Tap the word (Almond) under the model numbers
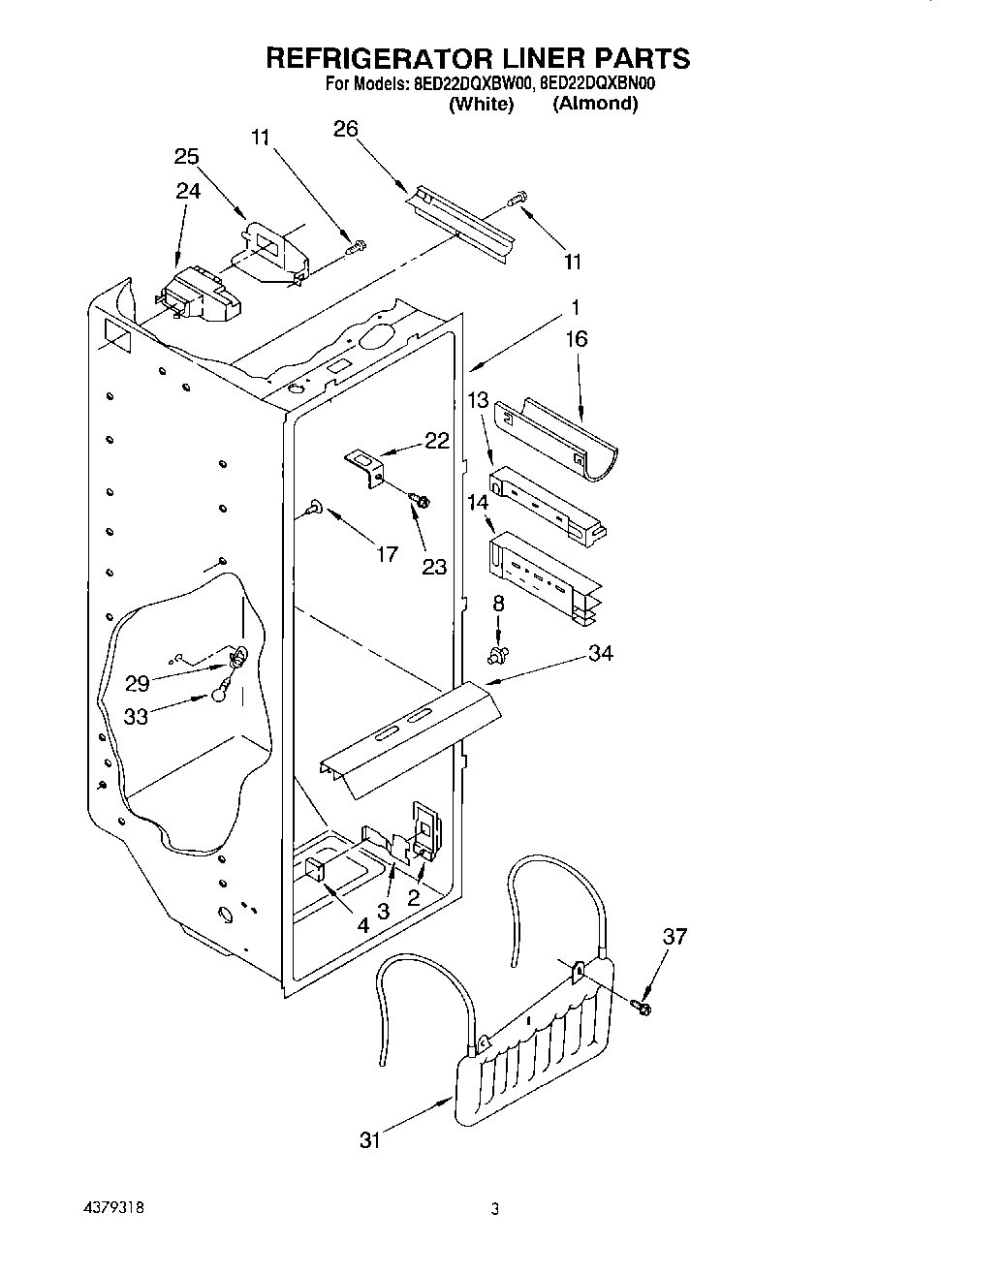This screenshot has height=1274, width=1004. coord(595,104)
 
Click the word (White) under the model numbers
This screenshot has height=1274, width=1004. coord(481,104)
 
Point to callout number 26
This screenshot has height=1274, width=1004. coord(346,129)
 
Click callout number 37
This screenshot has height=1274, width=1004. coord(675,936)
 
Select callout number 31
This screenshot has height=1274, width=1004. coord(371,1141)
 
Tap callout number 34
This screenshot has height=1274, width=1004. coord(600,654)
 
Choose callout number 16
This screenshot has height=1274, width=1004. coord(577,339)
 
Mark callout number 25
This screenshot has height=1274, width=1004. coord(187,156)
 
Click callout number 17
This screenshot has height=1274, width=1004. coord(387,554)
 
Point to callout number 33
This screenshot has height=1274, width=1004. coord(137,716)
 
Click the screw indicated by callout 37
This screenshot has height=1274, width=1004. coord(644,1009)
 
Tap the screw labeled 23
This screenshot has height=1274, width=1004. coord(422,499)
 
